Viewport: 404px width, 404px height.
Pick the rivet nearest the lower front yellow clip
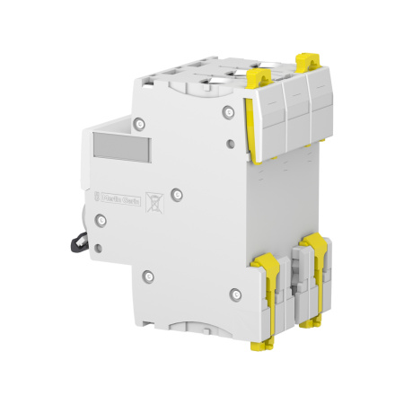(235, 292)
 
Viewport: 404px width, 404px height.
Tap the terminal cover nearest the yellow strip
(271, 117)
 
